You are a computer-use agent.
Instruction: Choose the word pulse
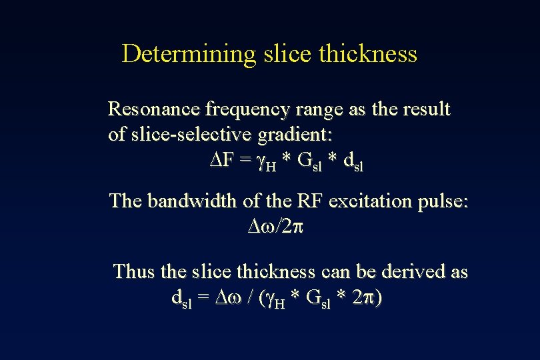pos(444,201)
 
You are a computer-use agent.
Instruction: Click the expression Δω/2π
pos(275,227)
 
